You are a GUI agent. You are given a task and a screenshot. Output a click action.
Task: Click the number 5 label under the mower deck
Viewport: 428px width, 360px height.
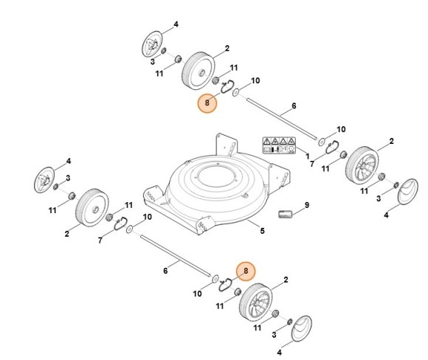pyautogui.click(x=261, y=232)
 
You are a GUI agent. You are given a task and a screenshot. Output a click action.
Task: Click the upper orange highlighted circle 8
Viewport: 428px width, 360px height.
pyautogui.click(x=208, y=104)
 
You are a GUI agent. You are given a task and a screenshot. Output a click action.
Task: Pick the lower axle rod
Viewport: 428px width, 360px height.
pyautogui.click(x=173, y=259)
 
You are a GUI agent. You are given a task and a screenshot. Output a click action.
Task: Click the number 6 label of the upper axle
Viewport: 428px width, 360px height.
pyautogui.click(x=294, y=106)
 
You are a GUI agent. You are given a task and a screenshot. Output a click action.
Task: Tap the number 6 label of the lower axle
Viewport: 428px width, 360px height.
pyautogui.click(x=165, y=271)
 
